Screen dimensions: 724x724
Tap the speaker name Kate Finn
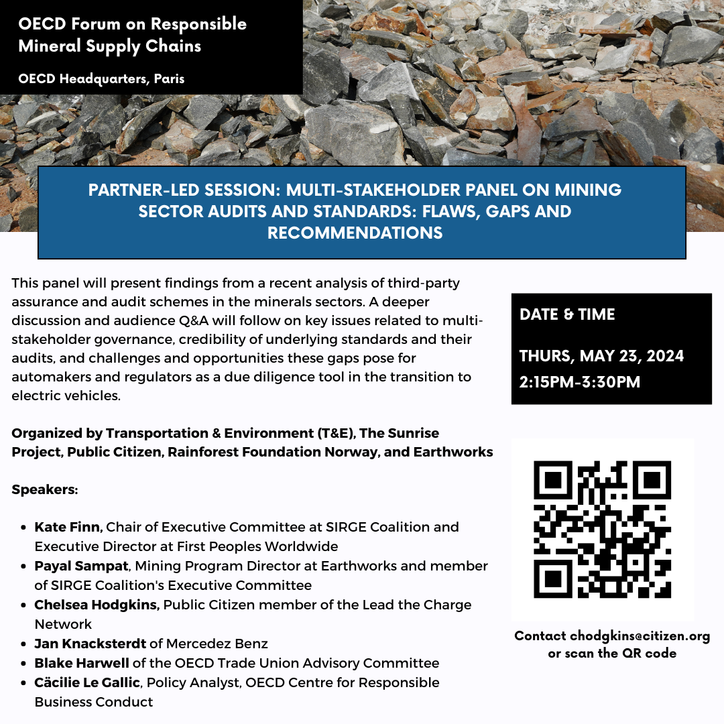(68, 527)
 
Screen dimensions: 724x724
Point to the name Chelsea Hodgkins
(97, 605)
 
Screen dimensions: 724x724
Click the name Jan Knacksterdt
(90, 644)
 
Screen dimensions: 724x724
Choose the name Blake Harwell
(82, 663)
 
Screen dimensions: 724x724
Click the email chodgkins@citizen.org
(640, 636)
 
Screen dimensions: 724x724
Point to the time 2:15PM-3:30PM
(580, 382)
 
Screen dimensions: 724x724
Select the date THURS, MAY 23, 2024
(601, 356)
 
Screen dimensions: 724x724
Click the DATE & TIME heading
(567, 314)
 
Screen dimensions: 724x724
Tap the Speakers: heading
(45, 489)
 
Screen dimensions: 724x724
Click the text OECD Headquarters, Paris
(102, 78)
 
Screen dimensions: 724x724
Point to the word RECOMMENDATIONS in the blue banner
(355, 233)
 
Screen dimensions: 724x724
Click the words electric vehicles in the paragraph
(66, 396)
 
